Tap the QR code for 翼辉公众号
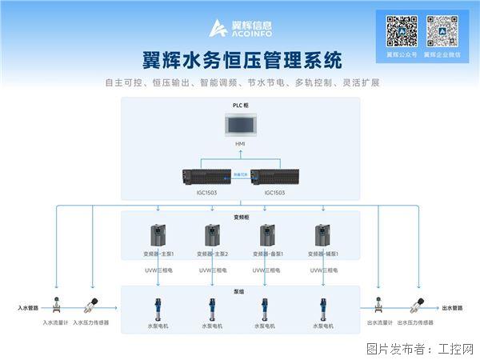click(402, 31)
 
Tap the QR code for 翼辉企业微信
click(441, 31)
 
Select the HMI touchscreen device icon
click(240, 126)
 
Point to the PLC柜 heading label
click(240, 106)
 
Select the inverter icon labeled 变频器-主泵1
click(158, 235)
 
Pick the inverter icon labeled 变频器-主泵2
click(213, 235)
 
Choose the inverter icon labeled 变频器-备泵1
click(267, 235)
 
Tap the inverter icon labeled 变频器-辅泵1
click(322, 235)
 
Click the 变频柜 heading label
click(240, 216)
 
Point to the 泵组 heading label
click(240, 291)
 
